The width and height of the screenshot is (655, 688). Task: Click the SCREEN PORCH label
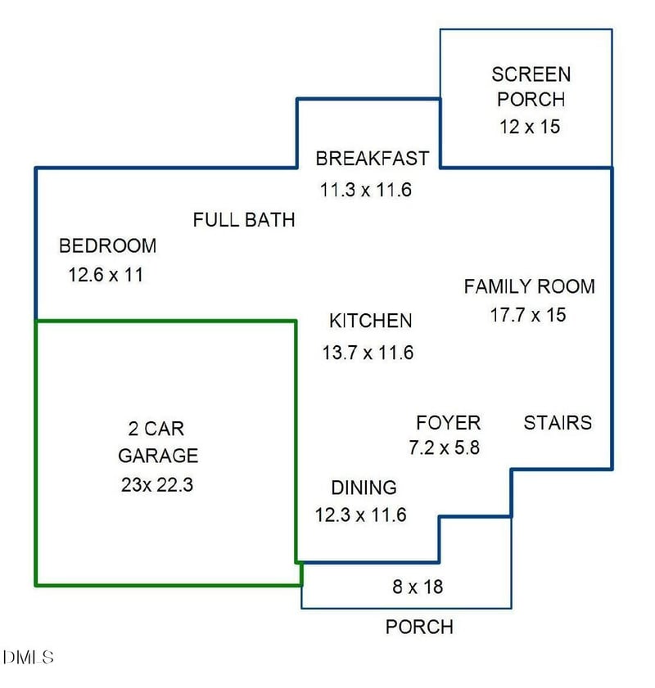(531, 87)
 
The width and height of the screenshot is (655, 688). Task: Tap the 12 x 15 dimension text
(529, 128)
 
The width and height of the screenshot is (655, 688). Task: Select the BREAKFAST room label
(372, 158)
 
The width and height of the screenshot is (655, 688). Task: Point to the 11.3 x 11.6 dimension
(365, 191)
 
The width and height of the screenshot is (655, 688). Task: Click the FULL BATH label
(244, 220)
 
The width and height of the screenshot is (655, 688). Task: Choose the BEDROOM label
(107, 245)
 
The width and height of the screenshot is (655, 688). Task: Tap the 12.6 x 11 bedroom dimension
(106, 275)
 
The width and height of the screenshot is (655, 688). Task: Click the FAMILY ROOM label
(529, 287)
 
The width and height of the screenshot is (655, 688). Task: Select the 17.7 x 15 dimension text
(528, 315)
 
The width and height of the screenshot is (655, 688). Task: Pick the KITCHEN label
(370, 321)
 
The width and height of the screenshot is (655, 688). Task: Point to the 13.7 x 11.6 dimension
(368, 353)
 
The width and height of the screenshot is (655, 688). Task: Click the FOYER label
(448, 423)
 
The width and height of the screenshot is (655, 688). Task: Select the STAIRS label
(558, 423)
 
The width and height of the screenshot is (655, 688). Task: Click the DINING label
(364, 488)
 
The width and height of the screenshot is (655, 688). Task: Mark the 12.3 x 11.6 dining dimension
(360, 515)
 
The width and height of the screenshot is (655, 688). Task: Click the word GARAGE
(158, 456)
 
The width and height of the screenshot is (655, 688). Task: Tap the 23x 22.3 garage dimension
(157, 484)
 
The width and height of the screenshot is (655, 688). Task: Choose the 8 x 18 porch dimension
(418, 587)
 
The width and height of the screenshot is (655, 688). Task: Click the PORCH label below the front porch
(419, 627)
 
